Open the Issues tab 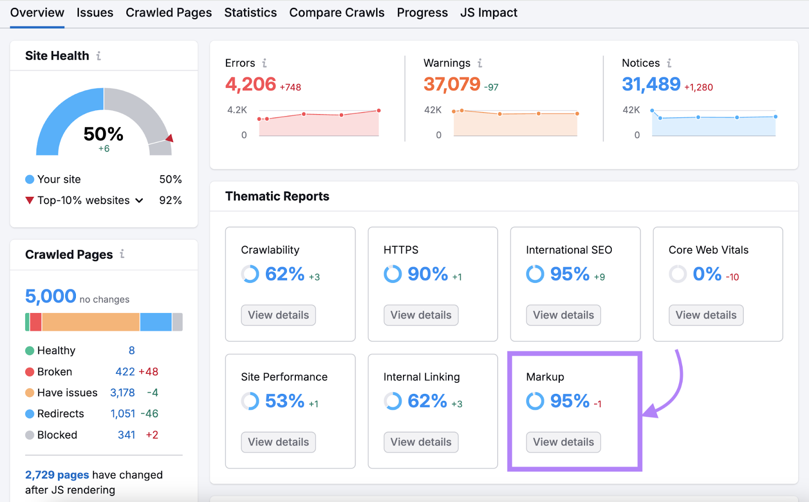pos(95,13)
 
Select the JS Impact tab pos(488,13)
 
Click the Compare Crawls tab pos(337,13)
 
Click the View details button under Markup pos(563,442)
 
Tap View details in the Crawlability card pos(278,315)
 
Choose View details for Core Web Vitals pos(706,315)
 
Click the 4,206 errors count pos(251,84)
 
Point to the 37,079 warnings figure pos(452,84)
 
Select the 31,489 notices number pos(651,84)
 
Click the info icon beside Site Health pos(99,56)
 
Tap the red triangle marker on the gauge pos(170,138)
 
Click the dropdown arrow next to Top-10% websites pos(139,200)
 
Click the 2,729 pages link pos(57,475)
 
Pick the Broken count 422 pos(125,372)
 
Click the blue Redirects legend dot pos(30,414)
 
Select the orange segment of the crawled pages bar pos(91,322)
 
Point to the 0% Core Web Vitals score pos(707,274)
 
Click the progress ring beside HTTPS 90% pos(392,274)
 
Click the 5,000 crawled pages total pos(51,296)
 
